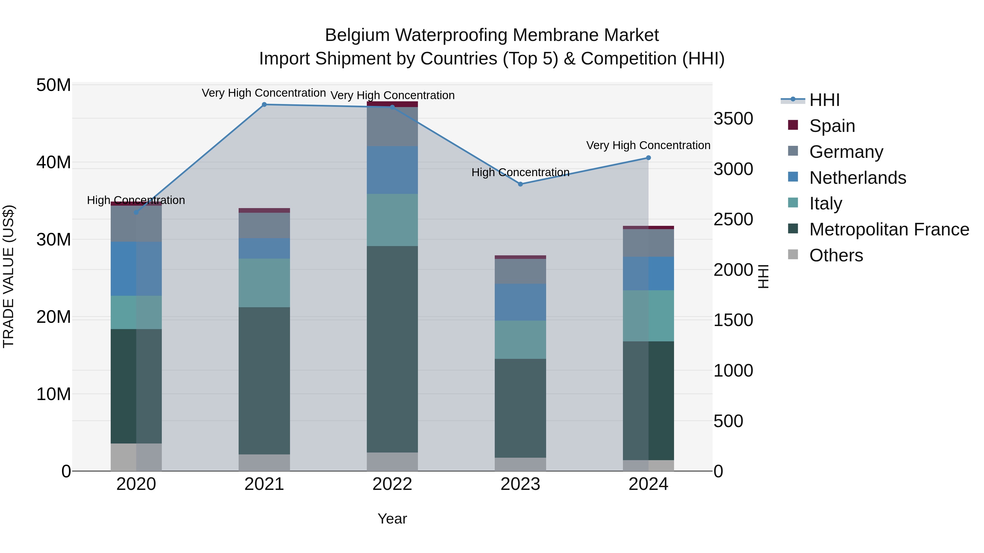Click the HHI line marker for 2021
[x=264, y=105]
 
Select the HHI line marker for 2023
[x=520, y=184]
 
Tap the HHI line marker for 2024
[x=648, y=158]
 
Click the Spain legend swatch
[x=793, y=125]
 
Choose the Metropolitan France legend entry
[x=889, y=229]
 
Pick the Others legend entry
[x=836, y=255]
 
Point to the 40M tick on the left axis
[x=54, y=162]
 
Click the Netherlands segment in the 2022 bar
[x=392, y=170]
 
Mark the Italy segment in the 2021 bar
[x=264, y=283]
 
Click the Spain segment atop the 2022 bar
[x=392, y=104]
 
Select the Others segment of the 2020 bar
[x=136, y=457]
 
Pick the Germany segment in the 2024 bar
[x=648, y=243]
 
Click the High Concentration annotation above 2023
[x=520, y=173]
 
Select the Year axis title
[x=392, y=519]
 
